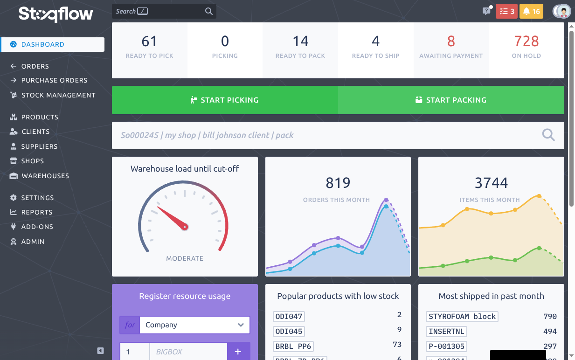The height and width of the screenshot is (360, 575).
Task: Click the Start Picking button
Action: [225, 100]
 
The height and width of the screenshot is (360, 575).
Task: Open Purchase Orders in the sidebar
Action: [54, 80]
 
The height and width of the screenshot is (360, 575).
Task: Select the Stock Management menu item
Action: [58, 95]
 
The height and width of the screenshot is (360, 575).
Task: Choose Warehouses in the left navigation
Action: [45, 176]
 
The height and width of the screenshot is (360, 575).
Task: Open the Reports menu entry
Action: [36, 212]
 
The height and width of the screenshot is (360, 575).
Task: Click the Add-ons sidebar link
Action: [37, 227]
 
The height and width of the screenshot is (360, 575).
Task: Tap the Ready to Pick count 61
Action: [149, 42]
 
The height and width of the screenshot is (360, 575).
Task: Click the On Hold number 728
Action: [526, 42]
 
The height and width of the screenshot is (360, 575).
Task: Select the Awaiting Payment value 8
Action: [450, 42]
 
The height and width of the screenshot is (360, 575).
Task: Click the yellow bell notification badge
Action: [531, 11]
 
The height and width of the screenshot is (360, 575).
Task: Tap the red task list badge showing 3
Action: [506, 11]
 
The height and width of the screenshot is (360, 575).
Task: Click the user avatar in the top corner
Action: [562, 11]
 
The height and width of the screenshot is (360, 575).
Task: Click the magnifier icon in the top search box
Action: [209, 11]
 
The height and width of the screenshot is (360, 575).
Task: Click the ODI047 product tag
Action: [289, 317]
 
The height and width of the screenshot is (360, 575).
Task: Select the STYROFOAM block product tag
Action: [462, 317]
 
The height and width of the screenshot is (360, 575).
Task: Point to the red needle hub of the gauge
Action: [185, 227]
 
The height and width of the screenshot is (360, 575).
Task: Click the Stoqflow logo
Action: [56, 14]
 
